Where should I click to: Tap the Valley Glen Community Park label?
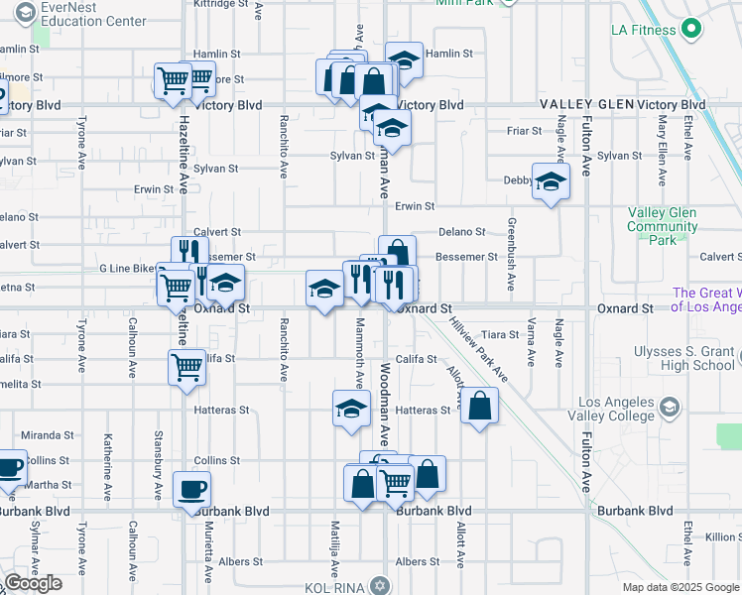point(662,226)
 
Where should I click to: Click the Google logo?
point(33,583)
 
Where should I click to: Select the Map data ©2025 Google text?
point(680,587)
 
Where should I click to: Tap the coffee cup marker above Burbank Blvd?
point(191,489)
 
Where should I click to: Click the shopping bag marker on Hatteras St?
point(479,406)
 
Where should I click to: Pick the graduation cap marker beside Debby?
point(551,181)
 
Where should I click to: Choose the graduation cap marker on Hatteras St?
point(350,409)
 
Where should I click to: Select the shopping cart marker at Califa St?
point(187,368)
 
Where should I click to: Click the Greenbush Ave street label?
point(511,268)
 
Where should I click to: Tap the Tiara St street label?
point(500,334)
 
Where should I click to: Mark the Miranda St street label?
point(48,435)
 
